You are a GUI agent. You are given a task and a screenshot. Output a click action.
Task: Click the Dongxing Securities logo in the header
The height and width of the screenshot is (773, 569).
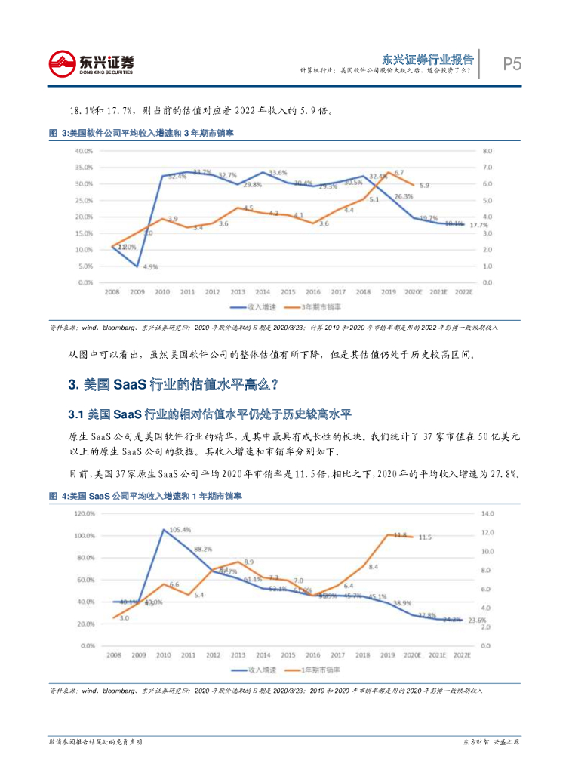[x=90, y=64]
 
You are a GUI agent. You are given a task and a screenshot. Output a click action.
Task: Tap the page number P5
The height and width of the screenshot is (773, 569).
[x=512, y=64]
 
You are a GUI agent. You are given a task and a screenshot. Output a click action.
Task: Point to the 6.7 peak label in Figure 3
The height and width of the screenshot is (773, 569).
[x=399, y=173]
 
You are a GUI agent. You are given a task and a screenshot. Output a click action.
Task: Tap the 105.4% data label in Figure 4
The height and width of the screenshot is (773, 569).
[x=178, y=530]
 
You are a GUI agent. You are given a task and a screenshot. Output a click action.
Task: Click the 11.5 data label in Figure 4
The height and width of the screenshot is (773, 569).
[x=425, y=537]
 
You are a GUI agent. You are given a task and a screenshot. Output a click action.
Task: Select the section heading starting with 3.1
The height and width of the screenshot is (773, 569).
[x=210, y=414]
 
